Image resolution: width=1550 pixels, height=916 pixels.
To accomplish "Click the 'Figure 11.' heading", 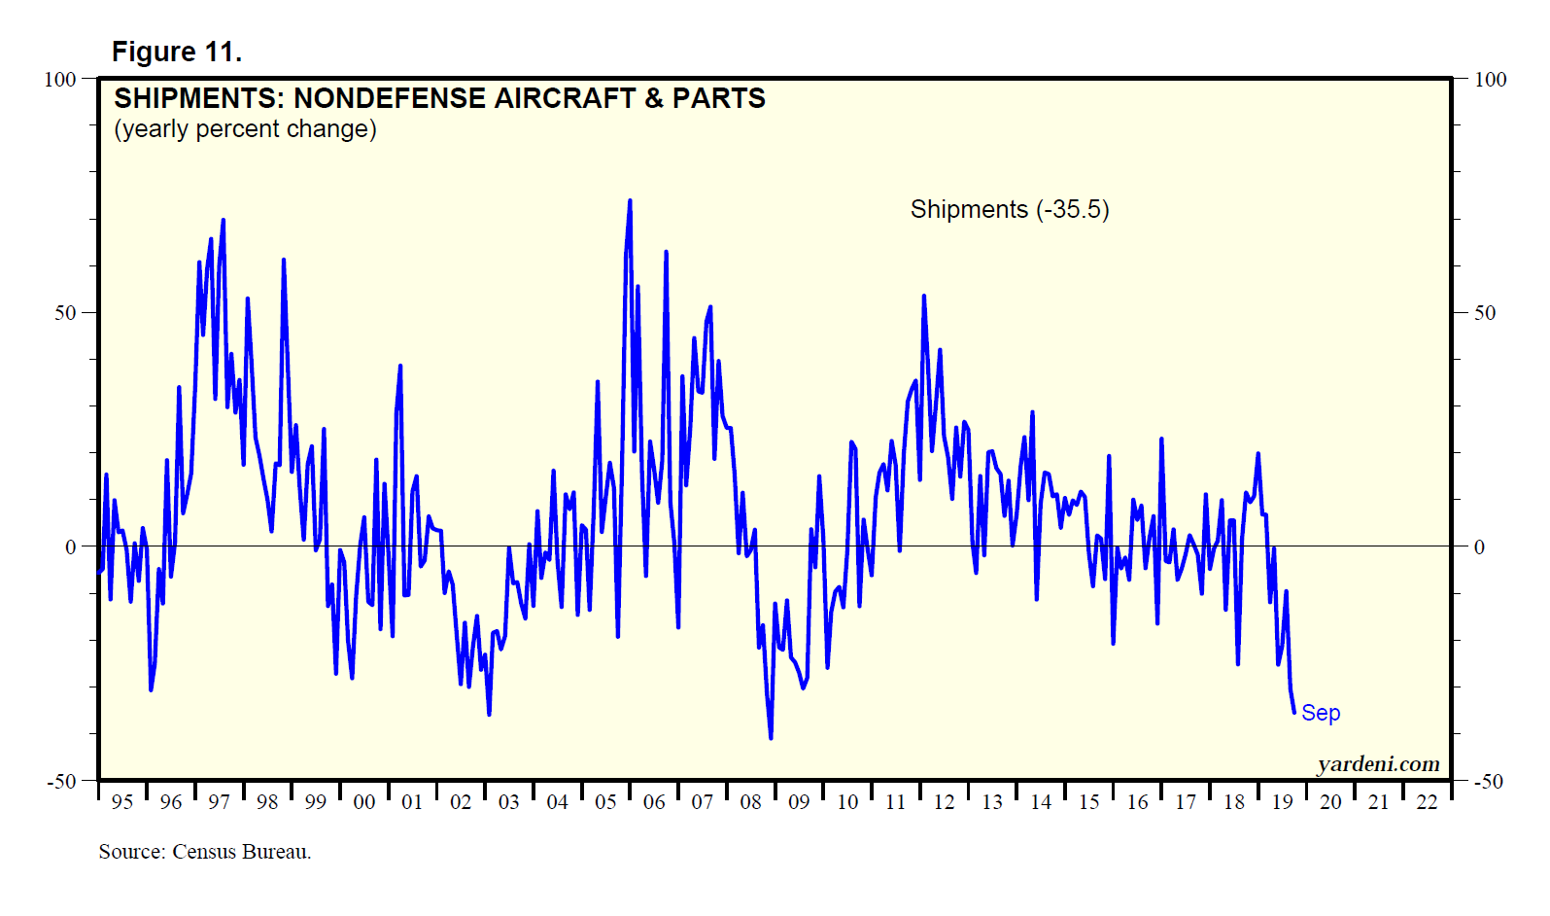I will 177,52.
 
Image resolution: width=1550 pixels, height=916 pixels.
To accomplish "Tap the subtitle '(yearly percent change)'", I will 245,129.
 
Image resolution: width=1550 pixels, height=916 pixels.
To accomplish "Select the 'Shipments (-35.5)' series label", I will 1009,209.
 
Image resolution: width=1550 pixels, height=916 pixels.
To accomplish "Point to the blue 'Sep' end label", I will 1321,713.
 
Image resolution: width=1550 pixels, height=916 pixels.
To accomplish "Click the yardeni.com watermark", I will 1378,764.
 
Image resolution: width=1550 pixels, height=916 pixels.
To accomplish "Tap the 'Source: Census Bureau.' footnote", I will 205,852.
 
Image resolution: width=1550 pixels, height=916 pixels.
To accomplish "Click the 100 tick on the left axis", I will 60,79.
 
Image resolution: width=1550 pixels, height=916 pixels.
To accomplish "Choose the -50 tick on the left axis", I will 62,781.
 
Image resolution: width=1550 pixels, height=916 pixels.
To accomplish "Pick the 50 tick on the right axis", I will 1484,313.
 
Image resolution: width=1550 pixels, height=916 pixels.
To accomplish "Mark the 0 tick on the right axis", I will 1479,547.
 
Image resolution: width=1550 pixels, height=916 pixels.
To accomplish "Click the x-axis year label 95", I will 122,802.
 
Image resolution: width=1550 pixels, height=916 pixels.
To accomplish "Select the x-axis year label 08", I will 750,802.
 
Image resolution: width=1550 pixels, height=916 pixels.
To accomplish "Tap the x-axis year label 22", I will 1427,802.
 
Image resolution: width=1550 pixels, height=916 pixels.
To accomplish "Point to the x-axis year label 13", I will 992,802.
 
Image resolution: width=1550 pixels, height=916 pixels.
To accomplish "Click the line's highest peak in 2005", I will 630,201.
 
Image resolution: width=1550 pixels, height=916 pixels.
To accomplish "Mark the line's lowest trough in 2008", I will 771,738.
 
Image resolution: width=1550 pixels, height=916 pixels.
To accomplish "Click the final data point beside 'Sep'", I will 1294,713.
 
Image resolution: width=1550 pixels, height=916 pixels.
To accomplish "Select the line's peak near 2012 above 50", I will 924,296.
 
